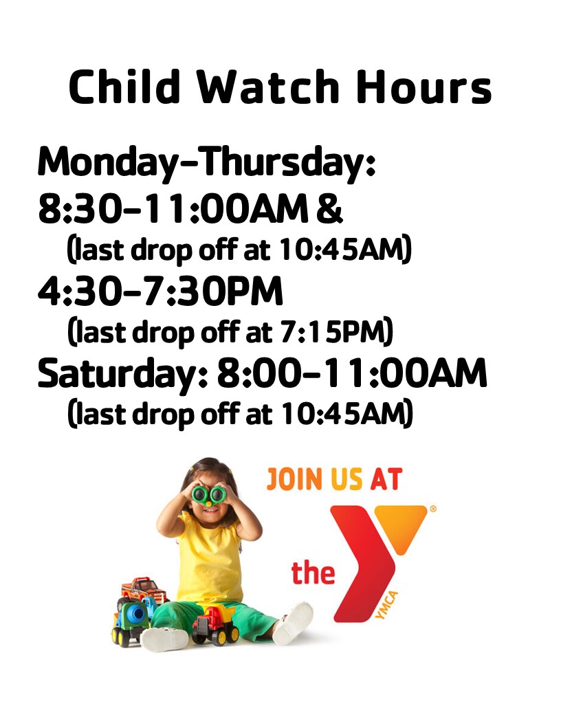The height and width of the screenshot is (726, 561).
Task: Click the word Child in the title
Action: tap(124, 87)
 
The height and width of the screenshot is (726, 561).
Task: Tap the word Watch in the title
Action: tap(269, 87)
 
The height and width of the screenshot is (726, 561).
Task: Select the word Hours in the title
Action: tap(424, 87)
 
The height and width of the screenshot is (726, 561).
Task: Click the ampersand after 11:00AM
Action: tap(329, 209)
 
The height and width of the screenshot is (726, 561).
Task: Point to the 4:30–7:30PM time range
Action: tap(160, 291)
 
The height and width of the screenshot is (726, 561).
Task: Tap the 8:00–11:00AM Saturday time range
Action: tap(352, 373)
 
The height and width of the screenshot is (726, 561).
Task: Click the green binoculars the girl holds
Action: tap(209, 494)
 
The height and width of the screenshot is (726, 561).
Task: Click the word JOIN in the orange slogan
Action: tap(294, 479)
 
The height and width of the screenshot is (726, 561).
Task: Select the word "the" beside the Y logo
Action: tap(313, 573)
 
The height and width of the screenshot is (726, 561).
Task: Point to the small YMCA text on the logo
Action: tap(387, 605)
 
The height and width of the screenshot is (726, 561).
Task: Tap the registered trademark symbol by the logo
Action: tap(433, 508)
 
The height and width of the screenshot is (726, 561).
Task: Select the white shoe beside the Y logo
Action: tap(293, 623)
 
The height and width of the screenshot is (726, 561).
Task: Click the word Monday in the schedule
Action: tap(107, 163)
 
